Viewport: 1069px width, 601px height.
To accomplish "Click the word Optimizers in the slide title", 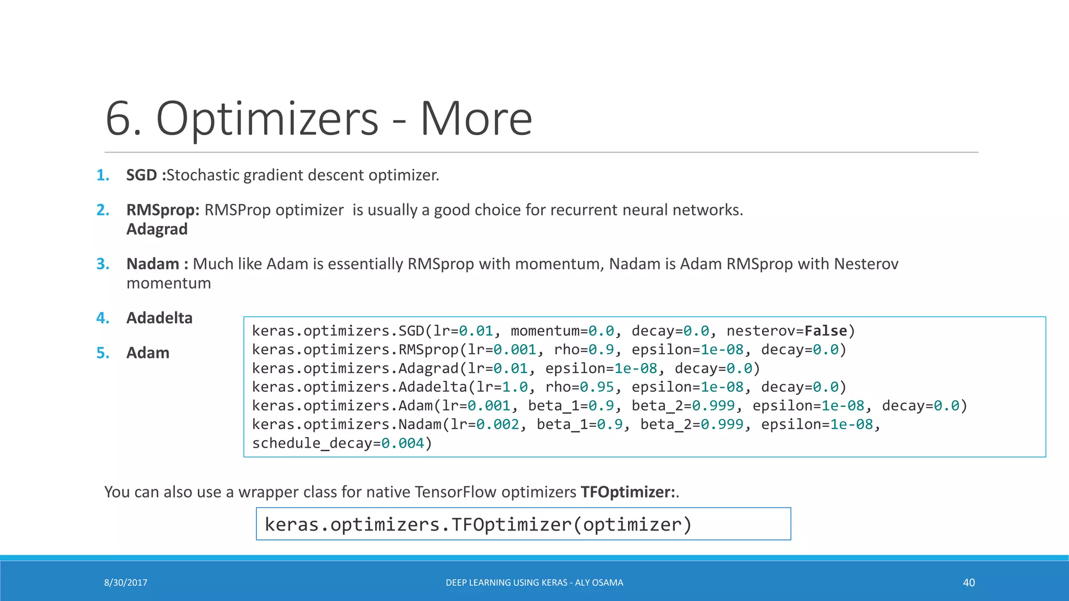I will point(267,119).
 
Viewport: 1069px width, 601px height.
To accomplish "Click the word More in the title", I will point(476,119).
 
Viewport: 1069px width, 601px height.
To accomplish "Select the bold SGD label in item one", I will point(141,175).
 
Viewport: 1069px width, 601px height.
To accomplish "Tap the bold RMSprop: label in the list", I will point(163,210).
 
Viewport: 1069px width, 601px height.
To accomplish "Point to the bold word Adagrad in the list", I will point(157,229).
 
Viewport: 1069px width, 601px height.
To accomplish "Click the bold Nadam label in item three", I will point(153,264).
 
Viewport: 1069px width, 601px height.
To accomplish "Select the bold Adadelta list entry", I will point(159,318).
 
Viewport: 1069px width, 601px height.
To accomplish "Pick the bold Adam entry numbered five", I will point(148,353).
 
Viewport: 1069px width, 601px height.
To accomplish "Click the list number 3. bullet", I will point(103,264).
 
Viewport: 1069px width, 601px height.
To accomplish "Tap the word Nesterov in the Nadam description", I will point(866,264).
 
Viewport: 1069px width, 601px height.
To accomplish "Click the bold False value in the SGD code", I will point(826,331).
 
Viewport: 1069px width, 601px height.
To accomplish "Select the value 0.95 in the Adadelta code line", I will point(597,387).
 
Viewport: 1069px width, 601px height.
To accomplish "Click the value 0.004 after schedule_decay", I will point(402,443).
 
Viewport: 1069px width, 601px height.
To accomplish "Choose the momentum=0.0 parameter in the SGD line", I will point(562,331).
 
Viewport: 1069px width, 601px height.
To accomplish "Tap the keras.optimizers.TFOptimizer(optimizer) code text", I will point(478,524).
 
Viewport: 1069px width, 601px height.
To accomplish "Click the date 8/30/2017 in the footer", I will point(126,583).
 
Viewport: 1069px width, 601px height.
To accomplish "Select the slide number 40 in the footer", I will point(969,583).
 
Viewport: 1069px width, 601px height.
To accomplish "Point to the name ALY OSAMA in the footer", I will point(599,583).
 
